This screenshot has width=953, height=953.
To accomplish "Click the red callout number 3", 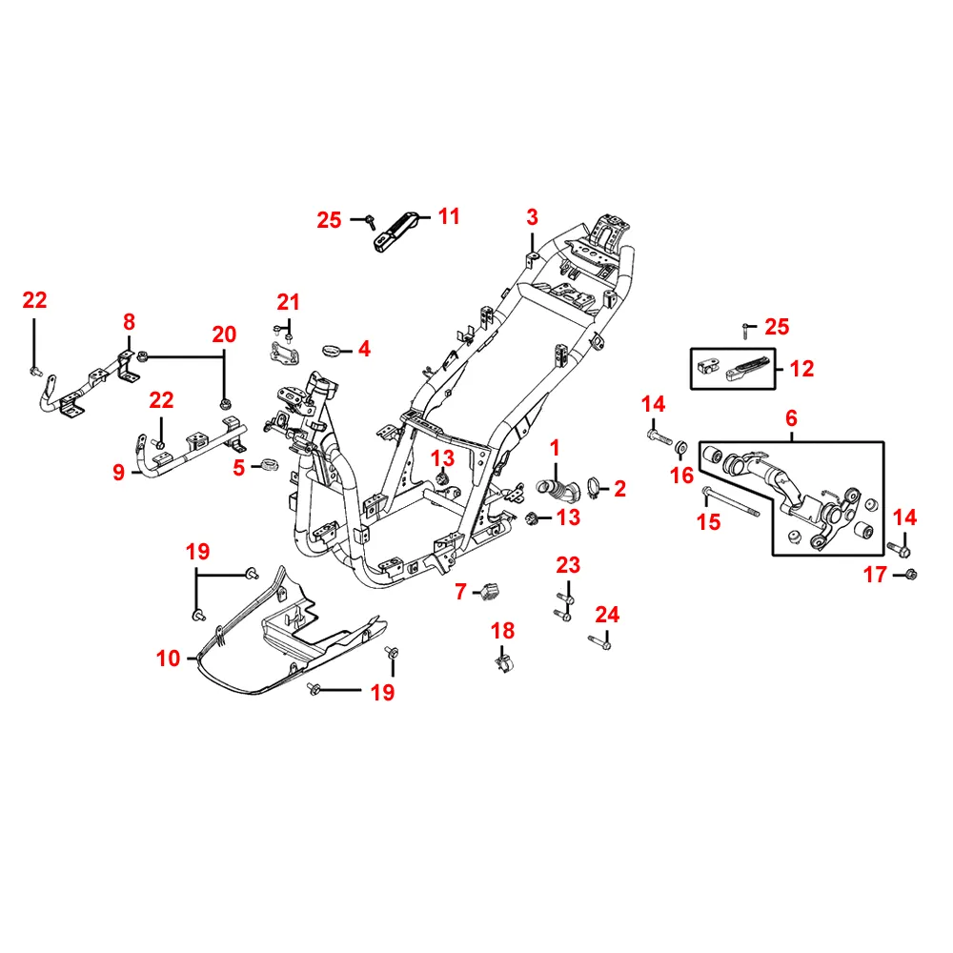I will [532, 217].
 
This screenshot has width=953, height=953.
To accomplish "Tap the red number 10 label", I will [169, 658].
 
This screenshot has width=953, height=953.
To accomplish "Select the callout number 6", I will [791, 418].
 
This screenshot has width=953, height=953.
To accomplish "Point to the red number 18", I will [502, 631].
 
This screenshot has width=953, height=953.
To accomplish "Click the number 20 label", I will [224, 335].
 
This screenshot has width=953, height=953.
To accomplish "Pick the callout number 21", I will [288, 303].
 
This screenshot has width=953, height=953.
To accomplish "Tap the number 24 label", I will [607, 615].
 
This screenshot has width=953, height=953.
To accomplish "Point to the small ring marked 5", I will [269, 466].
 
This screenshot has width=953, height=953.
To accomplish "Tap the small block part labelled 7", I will [493, 592].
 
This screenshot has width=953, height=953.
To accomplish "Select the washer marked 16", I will [681, 447].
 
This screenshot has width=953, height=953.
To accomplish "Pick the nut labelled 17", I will [911, 574].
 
